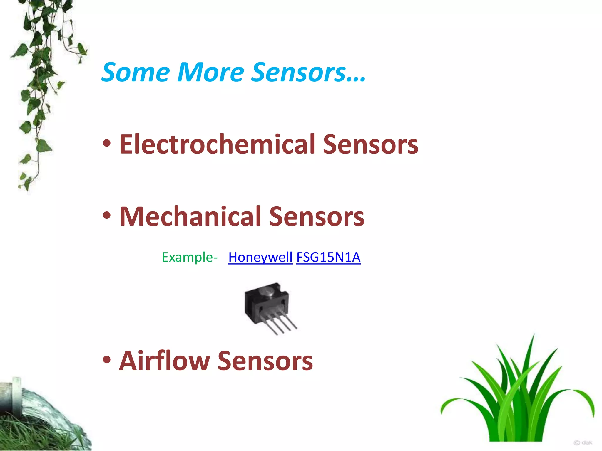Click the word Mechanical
pyautogui.click(x=190, y=217)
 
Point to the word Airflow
pyautogui.click(x=164, y=361)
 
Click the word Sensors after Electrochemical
pyautogui.click(x=370, y=144)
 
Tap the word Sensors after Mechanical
pyautogui.click(x=317, y=217)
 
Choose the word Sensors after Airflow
pyautogui.click(x=265, y=361)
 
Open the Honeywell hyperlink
pyautogui.click(x=260, y=258)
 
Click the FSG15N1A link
pyautogui.click(x=328, y=258)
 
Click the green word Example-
pyautogui.click(x=190, y=258)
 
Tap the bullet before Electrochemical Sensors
pyautogui.click(x=107, y=144)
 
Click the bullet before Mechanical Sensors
pyautogui.click(x=107, y=216)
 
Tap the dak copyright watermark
pyautogui.click(x=583, y=442)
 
